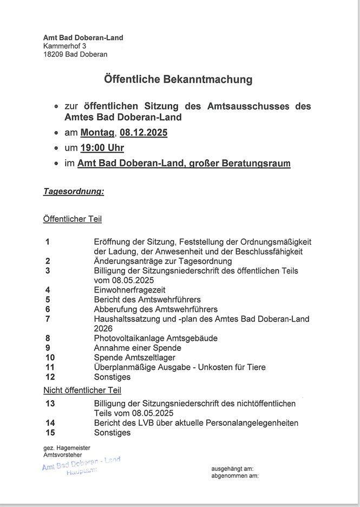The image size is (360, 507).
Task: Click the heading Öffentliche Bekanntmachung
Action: pos(178,80)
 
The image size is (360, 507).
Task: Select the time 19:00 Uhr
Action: pos(102,148)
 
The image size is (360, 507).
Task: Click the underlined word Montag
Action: pos(97,133)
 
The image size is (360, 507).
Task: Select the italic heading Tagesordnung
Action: pos(74,192)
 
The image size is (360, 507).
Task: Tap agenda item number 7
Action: pos(48,319)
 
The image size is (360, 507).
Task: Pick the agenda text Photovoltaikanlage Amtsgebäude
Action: pos(155,338)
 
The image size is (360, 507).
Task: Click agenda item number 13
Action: pos(50,404)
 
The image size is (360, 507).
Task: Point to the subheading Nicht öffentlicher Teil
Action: pos(82,390)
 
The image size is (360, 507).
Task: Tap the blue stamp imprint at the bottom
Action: pos(81,465)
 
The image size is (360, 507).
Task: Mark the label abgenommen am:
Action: pos(234,476)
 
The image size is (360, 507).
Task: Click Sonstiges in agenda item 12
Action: pos(112,377)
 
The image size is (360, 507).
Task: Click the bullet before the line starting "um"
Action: pos(57,148)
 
